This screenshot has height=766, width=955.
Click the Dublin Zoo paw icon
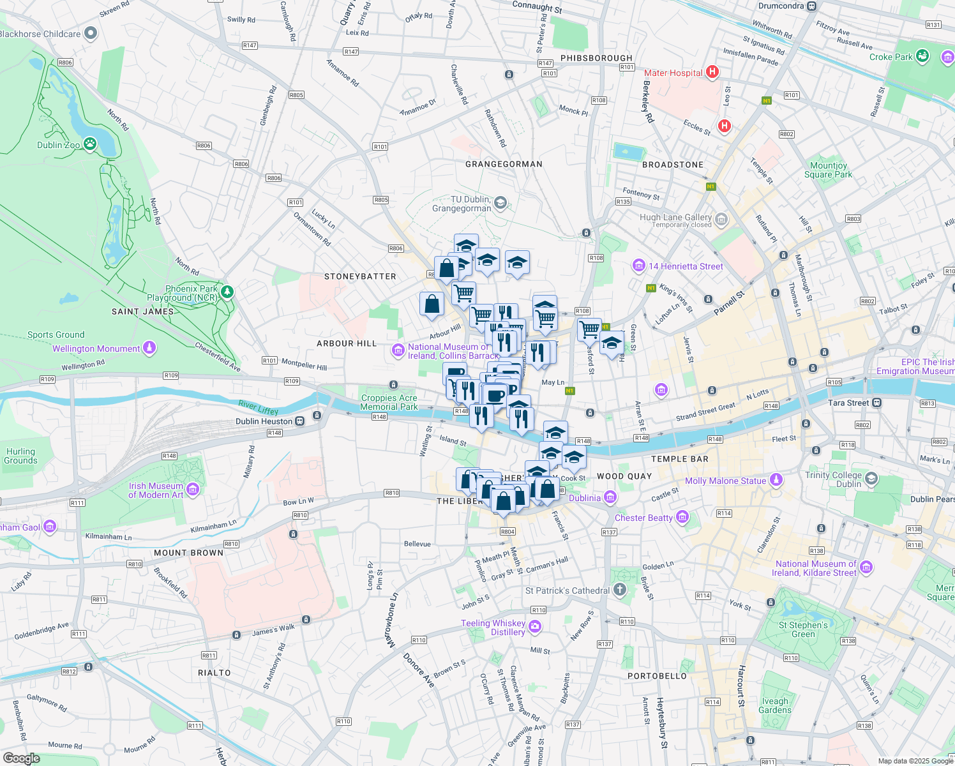pyautogui.click(x=90, y=144)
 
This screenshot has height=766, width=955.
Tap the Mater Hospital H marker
pyautogui.click(x=712, y=72)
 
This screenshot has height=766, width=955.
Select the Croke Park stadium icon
pyautogui.click(x=922, y=56)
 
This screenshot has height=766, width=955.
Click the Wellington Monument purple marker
pyautogui.click(x=149, y=348)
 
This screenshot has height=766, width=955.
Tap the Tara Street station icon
pyautogui.click(x=877, y=403)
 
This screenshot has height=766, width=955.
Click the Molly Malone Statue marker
pyautogui.click(x=776, y=479)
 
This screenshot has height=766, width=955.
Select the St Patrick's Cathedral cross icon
pyautogui.click(x=619, y=590)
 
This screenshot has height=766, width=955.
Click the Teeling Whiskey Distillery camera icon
pyautogui.click(x=535, y=627)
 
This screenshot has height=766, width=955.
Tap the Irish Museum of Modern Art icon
pyautogui.click(x=193, y=490)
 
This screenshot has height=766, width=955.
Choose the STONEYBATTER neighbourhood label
pyautogui.click(x=360, y=276)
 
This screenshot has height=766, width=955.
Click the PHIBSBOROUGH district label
pyautogui.click(x=596, y=58)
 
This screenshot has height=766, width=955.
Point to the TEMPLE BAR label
pyautogui.click(x=679, y=459)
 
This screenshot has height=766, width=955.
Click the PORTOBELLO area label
pyautogui.click(x=657, y=676)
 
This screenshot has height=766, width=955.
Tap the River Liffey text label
pyautogui.click(x=258, y=407)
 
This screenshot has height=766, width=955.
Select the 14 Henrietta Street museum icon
pyautogui.click(x=638, y=266)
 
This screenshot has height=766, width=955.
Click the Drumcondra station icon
pyautogui.click(x=811, y=6)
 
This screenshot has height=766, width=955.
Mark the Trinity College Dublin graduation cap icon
pyautogui.click(x=871, y=479)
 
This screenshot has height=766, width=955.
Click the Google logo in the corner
pyautogui.click(x=21, y=758)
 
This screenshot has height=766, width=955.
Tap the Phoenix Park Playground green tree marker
pyautogui.click(x=227, y=292)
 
